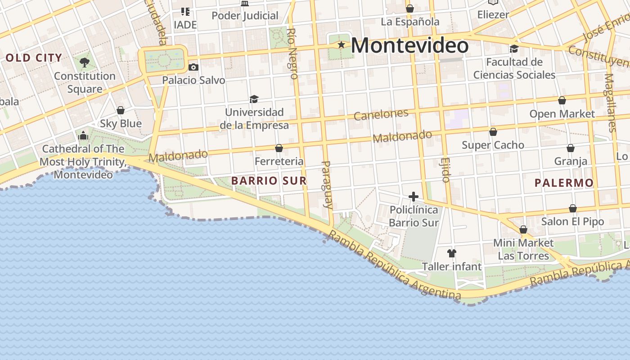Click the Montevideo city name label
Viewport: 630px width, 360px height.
pyautogui.click(x=409, y=45)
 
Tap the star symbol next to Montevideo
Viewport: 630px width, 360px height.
pyautogui.click(x=342, y=45)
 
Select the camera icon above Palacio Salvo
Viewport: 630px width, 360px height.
pyautogui.click(x=193, y=67)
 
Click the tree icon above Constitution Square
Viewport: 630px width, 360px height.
pyautogui.click(x=84, y=62)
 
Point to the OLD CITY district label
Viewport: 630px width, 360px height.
pyautogui.click(x=34, y=58)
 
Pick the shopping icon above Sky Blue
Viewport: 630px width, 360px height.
pyautogui.click(x=121, y=110)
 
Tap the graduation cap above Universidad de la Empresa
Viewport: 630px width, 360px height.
pyautogui.click(x=254, y=99)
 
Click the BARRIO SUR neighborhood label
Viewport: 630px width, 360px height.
pyautogui.click(x=269, y=181)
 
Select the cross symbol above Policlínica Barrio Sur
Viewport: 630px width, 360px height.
pyautogui.click(x=413, y=197)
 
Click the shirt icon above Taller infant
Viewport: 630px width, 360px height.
pyautogui.click(x=452, y=253)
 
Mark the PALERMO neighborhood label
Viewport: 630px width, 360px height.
pyautogui.click(x=564, y=183)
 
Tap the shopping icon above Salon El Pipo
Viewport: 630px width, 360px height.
pyautogui.click(x=572, y=208)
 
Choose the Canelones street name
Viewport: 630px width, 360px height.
pyautogui.click(x=381, y=114)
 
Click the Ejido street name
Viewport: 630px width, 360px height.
pyautogui.click(x=445, y=170)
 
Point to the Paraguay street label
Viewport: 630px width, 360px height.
pyautogui.click(x=328, y=184)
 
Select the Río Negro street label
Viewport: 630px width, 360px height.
pyautogui.click(x=292, y=54)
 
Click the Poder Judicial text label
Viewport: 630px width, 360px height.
pyautogui.click(x=245, y=16)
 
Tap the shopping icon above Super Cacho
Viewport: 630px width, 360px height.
pyautogui.click(x=493, y=132)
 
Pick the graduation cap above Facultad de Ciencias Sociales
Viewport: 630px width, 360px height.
pyautogui.click(x=514, y=49)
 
